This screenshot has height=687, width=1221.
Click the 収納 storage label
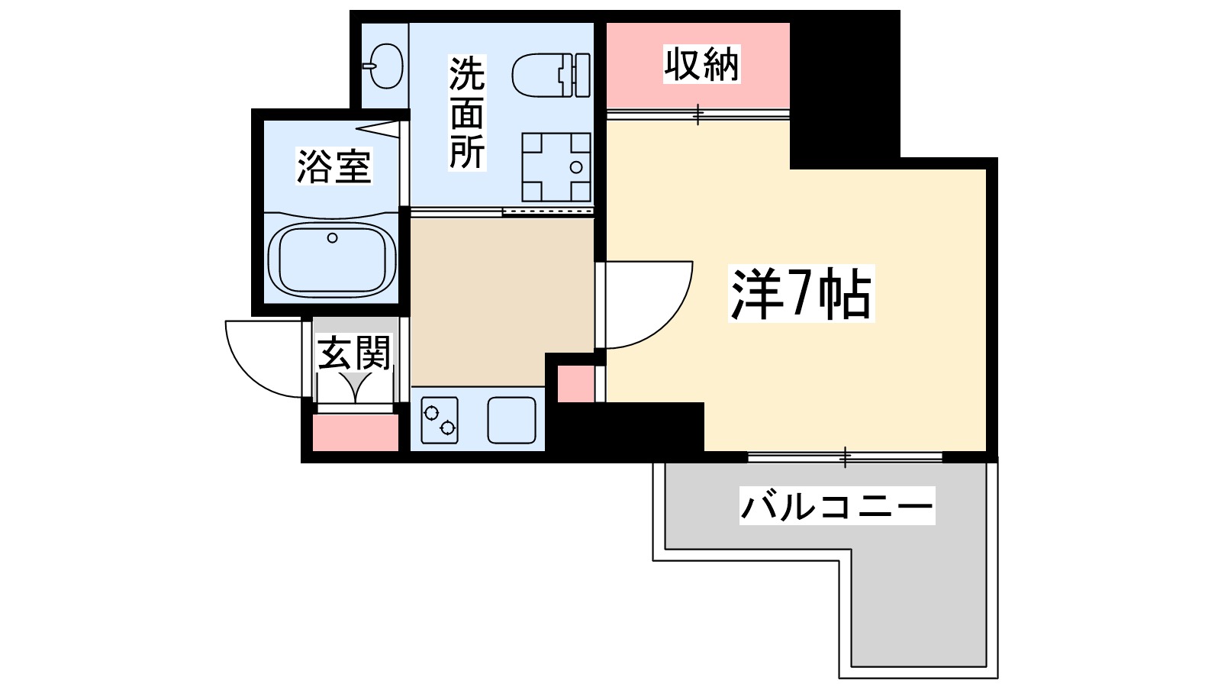click(x=701, y=64)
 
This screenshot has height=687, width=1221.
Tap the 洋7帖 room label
click(x=801, y=294)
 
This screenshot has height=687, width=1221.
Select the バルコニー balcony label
click(x=836, y=506)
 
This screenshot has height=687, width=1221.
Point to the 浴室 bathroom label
click(x=333, y=166)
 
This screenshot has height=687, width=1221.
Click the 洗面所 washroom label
click(x=466, y=113)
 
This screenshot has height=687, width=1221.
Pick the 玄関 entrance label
click(x=354, y=353)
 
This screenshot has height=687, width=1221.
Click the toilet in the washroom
click(x=550, y=75)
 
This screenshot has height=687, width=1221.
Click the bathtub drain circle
click(x=332, y=238)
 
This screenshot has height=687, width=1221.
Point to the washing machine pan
click(x=556, y=166)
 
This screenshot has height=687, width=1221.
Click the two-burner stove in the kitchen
click(x=440, y=420)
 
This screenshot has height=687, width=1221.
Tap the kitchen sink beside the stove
click(x=511, y=420)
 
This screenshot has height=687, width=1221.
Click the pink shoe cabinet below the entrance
click(x=356, y=432)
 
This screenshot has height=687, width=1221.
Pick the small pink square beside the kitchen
click(x=575, y=383)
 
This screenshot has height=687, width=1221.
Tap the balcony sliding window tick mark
click(x=845, y=457)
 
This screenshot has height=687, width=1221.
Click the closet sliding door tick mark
click(x=697, y=114)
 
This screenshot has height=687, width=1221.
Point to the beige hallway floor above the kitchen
click(x=501, y=302)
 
